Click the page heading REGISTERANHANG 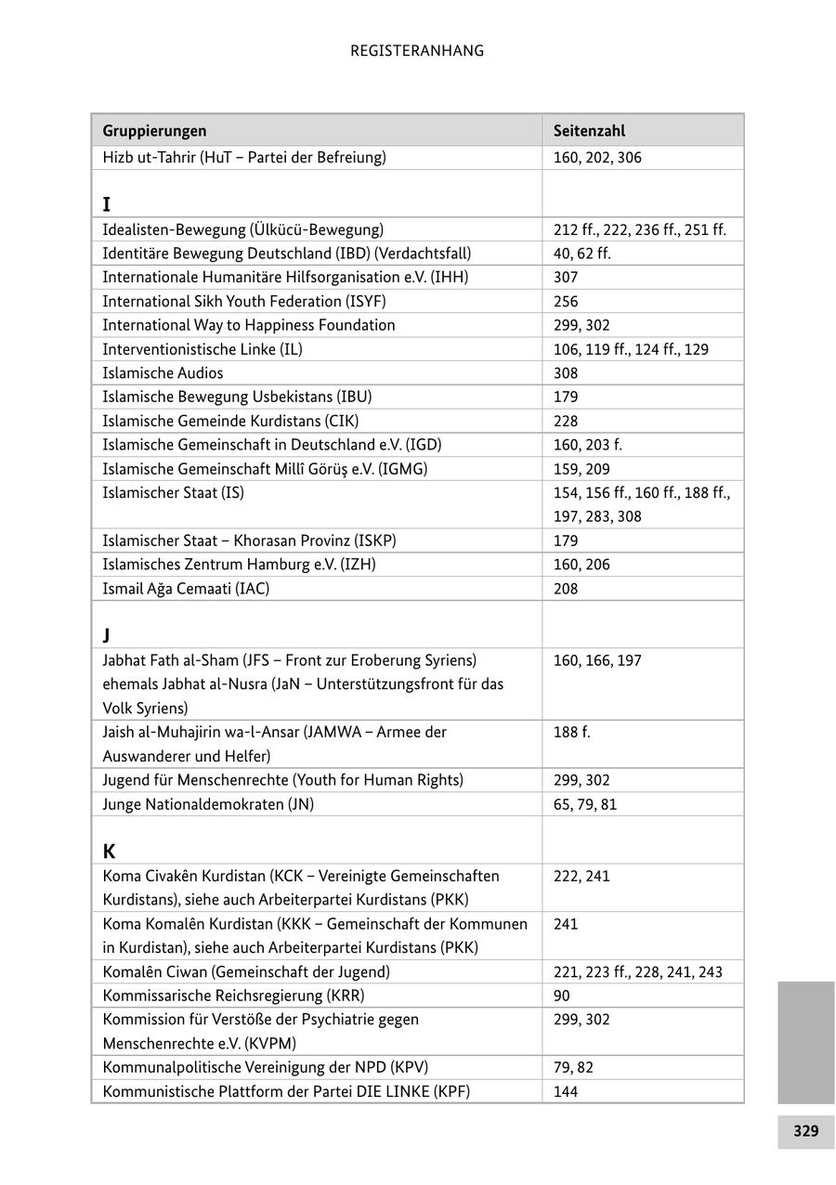coord(417,51)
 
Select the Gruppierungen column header coord(154,131)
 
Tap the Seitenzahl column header coord(589,131)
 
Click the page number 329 coord(805,1131)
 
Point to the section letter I coord(107,204)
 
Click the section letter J coord(107,635)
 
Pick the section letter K coord(109,851)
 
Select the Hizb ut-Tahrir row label coord(243,157)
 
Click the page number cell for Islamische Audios coord(566,373)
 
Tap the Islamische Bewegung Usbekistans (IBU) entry coord(237,397)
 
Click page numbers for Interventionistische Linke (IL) coord(631,349)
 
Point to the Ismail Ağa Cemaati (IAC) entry coord(186,588)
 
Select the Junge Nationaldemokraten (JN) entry coord(208,804)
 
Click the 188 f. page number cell coord(571,732)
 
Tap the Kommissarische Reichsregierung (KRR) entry coord(227,996)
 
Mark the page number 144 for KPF coord(566,1091)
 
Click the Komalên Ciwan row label coord(246,971)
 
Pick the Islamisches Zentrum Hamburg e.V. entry coord(239,564)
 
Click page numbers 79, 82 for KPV coord(573,1067)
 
